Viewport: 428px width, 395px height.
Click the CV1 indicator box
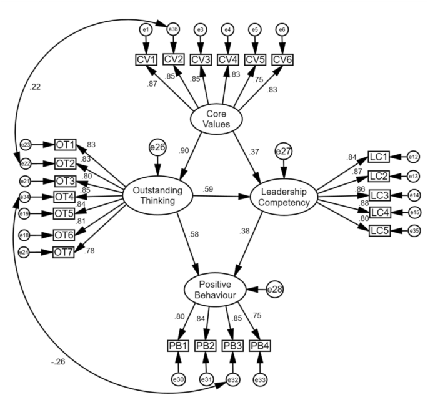click(x=146, y=59)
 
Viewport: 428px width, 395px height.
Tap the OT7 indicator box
click(x=65, y=252)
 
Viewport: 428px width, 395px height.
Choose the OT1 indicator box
click(x=65, y=145)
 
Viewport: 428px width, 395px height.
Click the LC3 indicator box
click(x=379, y=195)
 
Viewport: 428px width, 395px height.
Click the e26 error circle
click(x=157, y=147)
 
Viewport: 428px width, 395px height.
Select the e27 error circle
click(x=284, y=150)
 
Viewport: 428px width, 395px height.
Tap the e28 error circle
click(x=275, y=289)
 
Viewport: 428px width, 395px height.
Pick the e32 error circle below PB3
click(x=233, y=378)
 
